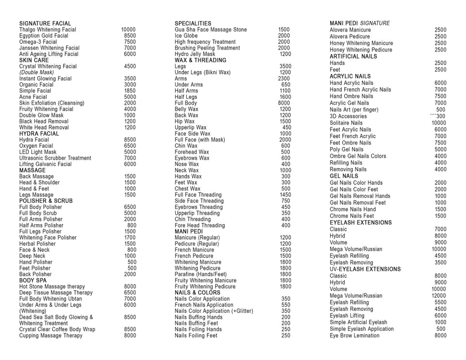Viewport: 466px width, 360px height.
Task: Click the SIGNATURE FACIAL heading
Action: [45, 23]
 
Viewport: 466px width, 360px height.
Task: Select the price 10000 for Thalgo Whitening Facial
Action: [128, 30]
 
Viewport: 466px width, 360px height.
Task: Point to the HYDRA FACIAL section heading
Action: [39, 133]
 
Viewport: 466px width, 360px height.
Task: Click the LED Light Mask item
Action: [38, 152]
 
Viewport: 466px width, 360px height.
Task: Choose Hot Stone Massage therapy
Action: [52, 287]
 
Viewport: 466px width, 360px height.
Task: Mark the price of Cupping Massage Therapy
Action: [130, 335]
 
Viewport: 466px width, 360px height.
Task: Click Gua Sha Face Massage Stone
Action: [211, 30]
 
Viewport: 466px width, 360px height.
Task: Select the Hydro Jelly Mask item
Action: [195, 54]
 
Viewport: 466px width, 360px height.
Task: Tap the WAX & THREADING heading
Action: [200, 60]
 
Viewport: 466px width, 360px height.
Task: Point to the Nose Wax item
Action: [187, 164]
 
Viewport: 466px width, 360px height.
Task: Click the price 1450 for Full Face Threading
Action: [285, 195]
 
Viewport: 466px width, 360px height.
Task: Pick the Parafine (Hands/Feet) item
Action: [200, 274]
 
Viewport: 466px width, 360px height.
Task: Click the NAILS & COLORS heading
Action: [198, 293]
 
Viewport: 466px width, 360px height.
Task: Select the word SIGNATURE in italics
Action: [375, 23]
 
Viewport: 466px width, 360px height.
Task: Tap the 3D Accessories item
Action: [348, 116]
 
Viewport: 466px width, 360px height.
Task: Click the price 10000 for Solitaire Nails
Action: [439, 123]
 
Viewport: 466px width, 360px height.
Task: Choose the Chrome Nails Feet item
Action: [352, 216]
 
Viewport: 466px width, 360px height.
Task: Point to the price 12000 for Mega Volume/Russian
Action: [439, 295]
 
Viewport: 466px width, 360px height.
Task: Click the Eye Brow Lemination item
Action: [354, 335]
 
